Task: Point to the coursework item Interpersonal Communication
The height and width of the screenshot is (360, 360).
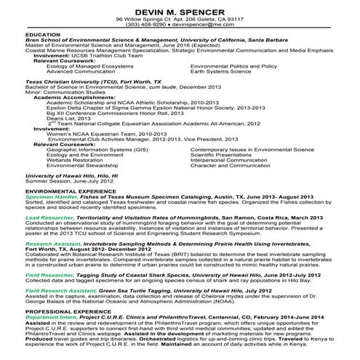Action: pos(230,160)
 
